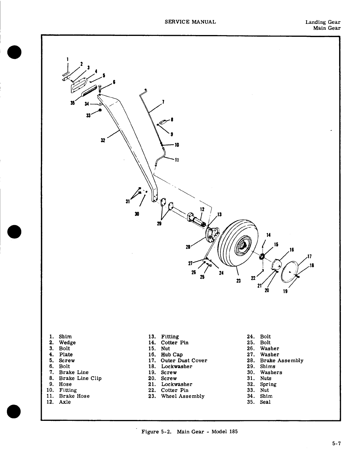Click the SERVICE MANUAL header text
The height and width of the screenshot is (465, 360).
click(190, 22)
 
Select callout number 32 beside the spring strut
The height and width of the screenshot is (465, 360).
click(103, 140)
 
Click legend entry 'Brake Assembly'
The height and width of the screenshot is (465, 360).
click(281, 361)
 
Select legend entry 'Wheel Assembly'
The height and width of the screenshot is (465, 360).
click(182, 396)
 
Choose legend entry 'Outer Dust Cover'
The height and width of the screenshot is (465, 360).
click(184, 361)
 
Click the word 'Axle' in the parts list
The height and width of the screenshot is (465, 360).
click(65, 402)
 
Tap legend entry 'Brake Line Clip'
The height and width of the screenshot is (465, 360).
click(80, 378)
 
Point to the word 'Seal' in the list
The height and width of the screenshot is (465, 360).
click(265, 402)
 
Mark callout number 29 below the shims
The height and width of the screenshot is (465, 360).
click(159, 224)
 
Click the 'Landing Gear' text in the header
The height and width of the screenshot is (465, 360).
click(323, 22)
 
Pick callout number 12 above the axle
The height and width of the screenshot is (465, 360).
click(202, 209)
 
